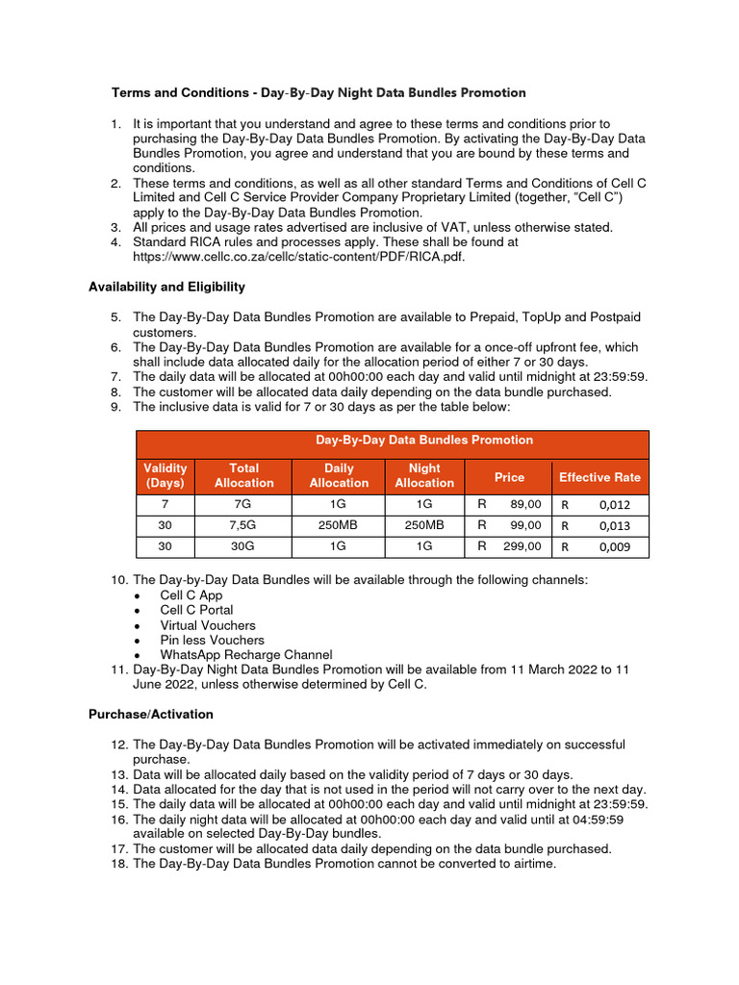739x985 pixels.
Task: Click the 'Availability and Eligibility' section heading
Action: click(x=166, y=287)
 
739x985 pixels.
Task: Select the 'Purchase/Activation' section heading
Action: click(x=151, y=715)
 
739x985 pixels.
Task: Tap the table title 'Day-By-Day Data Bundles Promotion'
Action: click(x=424, y=441)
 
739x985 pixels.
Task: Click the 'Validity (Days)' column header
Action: click(x=166, y=475)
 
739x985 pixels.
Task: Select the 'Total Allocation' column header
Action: click(x=243, y=475)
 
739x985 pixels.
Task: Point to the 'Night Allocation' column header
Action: click(x=424, y=475)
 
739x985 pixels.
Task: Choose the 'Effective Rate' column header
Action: click(x=599, y=477)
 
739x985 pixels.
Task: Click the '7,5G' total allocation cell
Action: click(x=243, y=525)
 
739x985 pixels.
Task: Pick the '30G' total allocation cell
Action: click(x=243, y=545)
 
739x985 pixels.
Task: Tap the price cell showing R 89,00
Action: click(x=509, y=504)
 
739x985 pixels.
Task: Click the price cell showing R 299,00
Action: click(x=509, y=545)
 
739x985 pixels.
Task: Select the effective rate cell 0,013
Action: click(x=599, y=525)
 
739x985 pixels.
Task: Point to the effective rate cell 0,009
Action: click(x=599, y=546)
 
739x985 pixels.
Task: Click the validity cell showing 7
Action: click(x=166, y=504)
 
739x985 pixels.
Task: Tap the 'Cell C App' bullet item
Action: click(x=191, y=595)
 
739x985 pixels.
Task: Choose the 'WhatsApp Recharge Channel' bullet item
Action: click(x=245, y=654)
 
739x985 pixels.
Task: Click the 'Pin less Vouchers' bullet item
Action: click(x=212, y=640)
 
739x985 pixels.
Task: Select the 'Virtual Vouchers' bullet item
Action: click(x=207, y=625)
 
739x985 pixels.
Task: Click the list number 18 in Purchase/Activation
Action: click(x=119, y=864)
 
